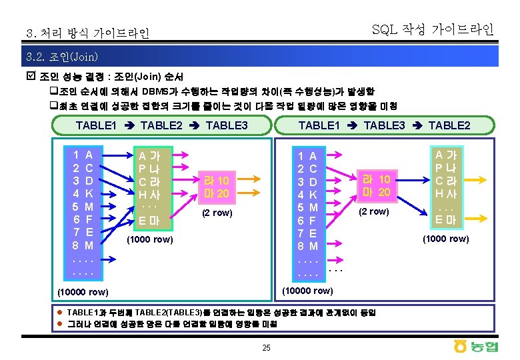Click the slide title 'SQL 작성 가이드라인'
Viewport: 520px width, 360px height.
pos(432,29)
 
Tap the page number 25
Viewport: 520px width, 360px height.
pos(266,347)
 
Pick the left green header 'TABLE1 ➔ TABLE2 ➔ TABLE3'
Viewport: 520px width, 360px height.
pos(161,125)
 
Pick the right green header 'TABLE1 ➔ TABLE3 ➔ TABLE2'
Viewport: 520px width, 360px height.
pos(384,125)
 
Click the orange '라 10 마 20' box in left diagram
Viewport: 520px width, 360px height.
pos(217,187)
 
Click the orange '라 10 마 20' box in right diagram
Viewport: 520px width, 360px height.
pos(375,185)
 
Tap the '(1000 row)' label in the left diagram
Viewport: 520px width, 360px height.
pos(150,239)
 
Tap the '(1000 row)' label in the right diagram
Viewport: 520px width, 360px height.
pos(446,239)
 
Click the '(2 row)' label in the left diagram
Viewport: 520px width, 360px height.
pos(217,213)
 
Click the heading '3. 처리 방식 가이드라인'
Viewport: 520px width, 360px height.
pos(87,33)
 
